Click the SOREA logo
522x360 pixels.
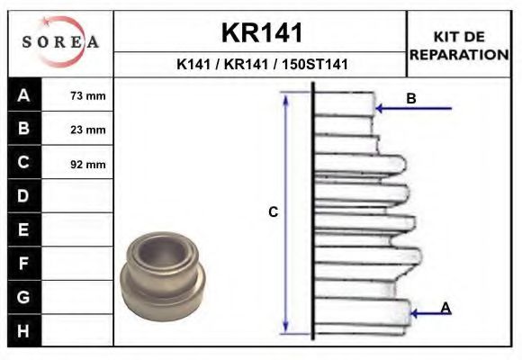point(59,42)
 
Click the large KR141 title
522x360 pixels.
point(262,32)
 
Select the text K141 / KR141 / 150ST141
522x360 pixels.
point(262,65)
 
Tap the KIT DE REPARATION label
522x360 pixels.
point(459,45)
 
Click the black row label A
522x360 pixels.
point(24,95)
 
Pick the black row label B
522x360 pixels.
point(24,129)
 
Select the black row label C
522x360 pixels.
point(24,163)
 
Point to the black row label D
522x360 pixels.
point(24,196)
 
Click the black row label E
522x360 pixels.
point(24,229)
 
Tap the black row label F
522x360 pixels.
point(24,263)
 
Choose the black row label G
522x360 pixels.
point(24,296)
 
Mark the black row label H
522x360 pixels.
point(24,330)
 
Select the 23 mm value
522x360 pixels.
point(87,130)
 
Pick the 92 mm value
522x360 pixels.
point(87,164)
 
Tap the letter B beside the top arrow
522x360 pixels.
point(411,99)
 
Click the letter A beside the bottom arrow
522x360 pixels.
point(445,309)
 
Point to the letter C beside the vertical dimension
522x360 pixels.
point(274,212)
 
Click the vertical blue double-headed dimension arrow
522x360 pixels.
point(286,212)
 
